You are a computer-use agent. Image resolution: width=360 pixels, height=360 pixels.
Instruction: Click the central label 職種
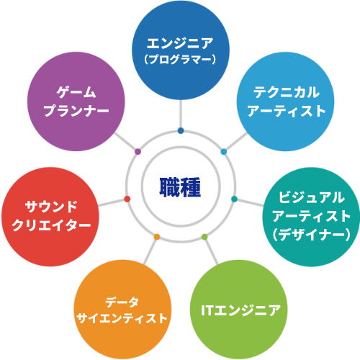coord(180,187)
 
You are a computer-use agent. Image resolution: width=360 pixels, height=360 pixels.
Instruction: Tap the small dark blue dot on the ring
coord(181,131)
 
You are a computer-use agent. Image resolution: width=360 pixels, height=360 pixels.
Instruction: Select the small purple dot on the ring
coord(138,152)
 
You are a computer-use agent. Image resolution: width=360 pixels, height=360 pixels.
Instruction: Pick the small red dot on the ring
coord(127,199)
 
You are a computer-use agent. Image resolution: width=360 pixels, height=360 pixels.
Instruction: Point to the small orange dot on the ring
coord(157,237)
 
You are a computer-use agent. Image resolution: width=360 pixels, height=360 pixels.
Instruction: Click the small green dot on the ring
coord(204,237)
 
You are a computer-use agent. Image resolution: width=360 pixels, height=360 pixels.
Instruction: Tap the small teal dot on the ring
coord(234,199)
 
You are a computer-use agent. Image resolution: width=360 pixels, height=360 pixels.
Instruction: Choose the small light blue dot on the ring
coord(224,152)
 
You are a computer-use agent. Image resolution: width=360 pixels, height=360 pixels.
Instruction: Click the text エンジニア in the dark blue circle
coord(180,43)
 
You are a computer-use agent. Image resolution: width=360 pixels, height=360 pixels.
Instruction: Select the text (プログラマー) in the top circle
coord(180,59)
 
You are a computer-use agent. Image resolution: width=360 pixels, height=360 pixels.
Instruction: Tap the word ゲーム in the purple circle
coord(76,92)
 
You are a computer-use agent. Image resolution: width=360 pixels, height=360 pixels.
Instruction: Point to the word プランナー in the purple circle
coord(76,111)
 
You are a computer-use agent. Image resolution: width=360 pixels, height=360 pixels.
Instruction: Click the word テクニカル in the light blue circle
coord(287,92)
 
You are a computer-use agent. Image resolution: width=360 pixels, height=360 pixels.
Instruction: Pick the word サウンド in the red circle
coord(51,207)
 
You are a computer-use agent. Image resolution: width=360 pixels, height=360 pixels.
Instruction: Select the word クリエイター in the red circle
coord(51,225)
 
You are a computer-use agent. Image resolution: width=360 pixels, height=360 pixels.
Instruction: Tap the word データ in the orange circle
coord(122,302)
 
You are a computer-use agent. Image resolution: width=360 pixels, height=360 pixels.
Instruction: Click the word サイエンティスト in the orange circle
coord(122,318)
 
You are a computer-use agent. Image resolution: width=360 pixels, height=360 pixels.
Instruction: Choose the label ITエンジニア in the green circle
coord(240,310)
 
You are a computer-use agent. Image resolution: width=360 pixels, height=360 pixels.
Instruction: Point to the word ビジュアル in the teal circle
coord(312,197)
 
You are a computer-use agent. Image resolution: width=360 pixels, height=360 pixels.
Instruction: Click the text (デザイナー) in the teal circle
coord(312,234)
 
